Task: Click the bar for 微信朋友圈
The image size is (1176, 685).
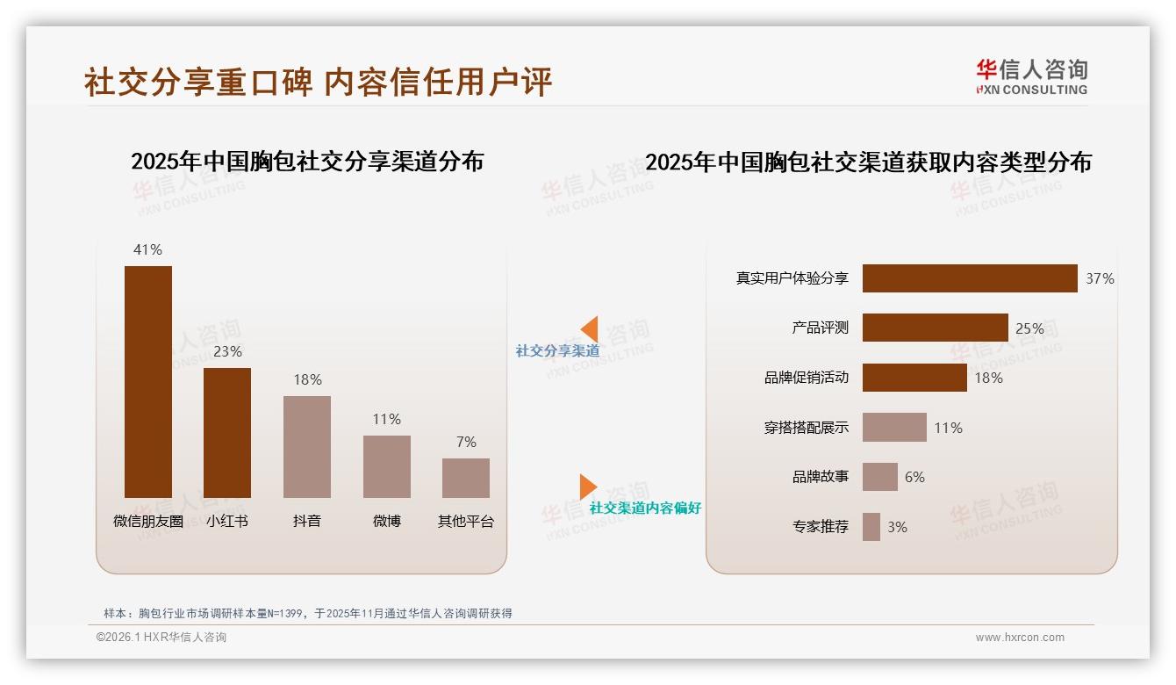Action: (148, 382)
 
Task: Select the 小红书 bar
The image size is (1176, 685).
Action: (227, 432)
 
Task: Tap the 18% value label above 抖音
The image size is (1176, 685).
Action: (307, 379)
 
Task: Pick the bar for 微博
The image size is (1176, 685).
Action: (387, 466)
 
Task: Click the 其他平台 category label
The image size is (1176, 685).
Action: (466, 521)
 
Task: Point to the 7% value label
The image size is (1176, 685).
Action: (466, 442)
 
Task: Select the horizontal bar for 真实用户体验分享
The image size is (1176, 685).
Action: (970, 278)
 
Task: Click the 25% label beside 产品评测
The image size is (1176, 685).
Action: (1029, 328)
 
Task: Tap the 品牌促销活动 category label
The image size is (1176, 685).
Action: (807, 378)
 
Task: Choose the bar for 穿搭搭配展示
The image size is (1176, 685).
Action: (894, 428)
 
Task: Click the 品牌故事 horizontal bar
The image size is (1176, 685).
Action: (880, 477)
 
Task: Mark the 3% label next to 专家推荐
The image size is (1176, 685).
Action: (897, 527)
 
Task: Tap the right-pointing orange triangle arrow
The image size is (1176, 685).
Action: (587, 487)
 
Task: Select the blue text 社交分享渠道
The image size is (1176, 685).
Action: (557, 350)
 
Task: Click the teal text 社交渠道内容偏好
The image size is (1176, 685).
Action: (645, 508)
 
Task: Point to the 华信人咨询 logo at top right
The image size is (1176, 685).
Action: (1031, 76)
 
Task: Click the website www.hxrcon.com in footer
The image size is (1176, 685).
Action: (1020, 638)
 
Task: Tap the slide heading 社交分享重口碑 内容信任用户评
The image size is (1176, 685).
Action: (318, 82)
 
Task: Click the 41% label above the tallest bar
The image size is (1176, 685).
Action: (147, 249)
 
